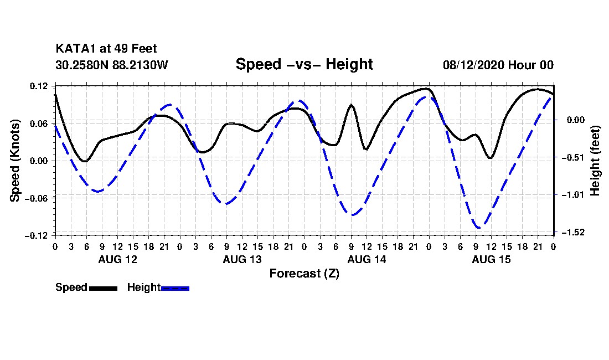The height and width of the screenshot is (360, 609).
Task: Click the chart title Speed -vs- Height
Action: click(304, 64)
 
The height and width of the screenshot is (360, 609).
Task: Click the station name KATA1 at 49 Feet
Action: click(106, 49)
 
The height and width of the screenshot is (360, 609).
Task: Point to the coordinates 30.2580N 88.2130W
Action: click(111, 65)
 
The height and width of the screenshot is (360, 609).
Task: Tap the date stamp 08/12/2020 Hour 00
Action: click(498, 65)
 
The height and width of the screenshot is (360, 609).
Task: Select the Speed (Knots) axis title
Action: click(14, 161)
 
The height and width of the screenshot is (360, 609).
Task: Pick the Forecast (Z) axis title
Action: click(304, 274)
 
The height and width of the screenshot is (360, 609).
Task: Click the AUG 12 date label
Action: click(118, 259)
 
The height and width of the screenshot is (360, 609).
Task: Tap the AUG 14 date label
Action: click(367, 259)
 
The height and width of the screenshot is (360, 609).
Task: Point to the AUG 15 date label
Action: click(491, 259)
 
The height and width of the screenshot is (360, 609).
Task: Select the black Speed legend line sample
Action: click(104, 289)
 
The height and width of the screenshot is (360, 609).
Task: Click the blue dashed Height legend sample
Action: click(175, 289)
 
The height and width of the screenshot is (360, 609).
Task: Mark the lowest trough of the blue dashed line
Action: click(478, 228)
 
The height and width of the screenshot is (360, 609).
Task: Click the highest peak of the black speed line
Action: click(427, 89)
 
